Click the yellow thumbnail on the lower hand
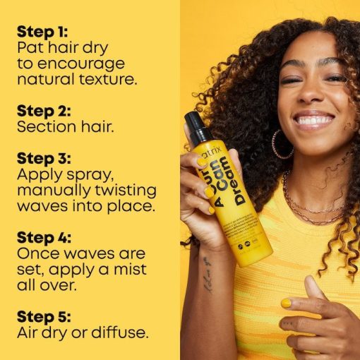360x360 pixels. pyautogui.click(x=285, y=303)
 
